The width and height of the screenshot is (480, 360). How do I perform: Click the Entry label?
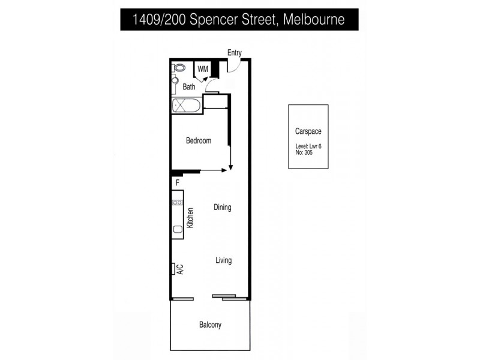pyautogui.click(x=234, y=53)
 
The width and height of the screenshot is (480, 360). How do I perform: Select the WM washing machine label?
pyautogui.click(x=203, y=69)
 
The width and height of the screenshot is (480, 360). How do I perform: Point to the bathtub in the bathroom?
pyautogui.click(x=187, y=106)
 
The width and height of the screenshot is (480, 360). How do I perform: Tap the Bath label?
pyautogui.click(x=189, y=87)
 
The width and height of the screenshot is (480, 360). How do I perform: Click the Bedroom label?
pyautogui.click(x=198, y=141)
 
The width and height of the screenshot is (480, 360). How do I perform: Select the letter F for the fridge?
pyautogui.click(x=177, y=182)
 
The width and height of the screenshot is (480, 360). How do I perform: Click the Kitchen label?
pyautogui.click(x=190, y=218)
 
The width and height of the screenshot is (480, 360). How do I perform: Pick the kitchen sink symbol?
pyautogui.click(x=178, y=229)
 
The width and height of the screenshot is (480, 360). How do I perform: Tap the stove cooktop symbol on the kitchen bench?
pyautogui.click(x=177, y=203)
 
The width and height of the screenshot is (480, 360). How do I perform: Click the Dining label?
pyautogui.click(x=223, y=208)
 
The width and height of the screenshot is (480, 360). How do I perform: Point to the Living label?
pyautogui.click(x=224, y=260)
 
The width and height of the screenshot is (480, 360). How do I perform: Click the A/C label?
pyautogui.click(x=180, y=269)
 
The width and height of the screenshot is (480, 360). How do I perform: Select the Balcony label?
pyautogui.click(x=210, y=325)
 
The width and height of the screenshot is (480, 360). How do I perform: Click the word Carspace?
pyautogui.click(x=308, y=131)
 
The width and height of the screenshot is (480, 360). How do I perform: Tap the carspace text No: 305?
pyautogui.click(x=304, y=152)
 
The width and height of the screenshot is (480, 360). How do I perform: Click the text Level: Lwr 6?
pyautogui.click(x=308, y=146)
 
